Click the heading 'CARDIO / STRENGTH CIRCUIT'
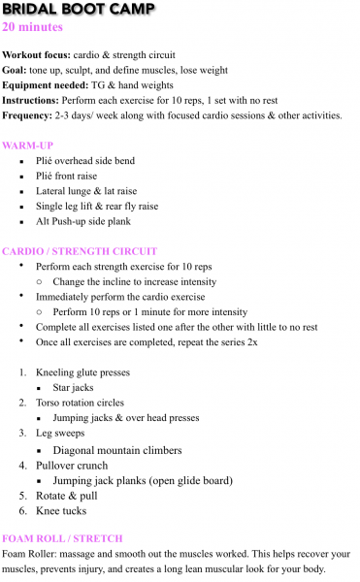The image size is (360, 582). point(80,251)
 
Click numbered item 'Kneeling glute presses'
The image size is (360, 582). point(82,372)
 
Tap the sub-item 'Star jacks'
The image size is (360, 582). point(74,388)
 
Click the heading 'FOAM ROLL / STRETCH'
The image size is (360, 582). point(61,538)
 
